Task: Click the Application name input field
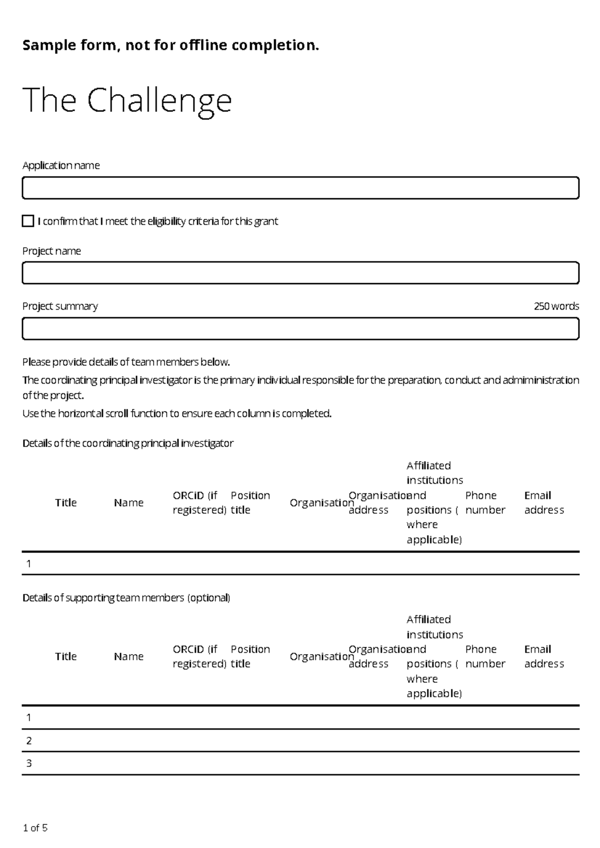coord(300,188)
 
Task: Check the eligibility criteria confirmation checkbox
coord(28,221)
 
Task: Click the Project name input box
coord(300,273)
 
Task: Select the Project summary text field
coord(300,329)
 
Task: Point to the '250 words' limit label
coord(556,306)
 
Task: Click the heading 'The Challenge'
coord(127,100)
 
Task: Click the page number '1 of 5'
coord(35,828)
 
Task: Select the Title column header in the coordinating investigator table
coord(65,502)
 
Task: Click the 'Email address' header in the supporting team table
coord(543,656)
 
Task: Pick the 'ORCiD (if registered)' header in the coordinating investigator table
coord(199,502)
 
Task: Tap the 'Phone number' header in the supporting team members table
coord(484,656)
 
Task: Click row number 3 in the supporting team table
coord(29,763)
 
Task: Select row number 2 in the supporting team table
coord(29,741)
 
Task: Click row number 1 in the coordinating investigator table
coord(29,564)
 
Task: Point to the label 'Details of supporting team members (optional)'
coord(126,598)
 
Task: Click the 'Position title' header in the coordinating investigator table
coord(249,502)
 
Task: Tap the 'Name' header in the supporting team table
coord(128,656)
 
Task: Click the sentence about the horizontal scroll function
coord(177,414)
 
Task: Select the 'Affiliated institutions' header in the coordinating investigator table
coord(434,502)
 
